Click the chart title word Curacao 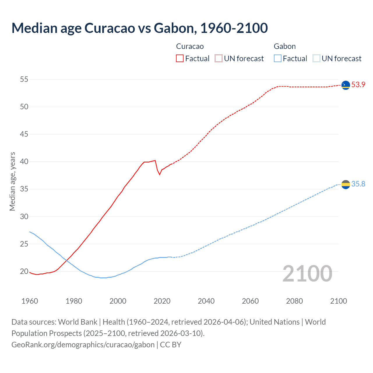(x=110, y=28)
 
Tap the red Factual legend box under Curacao (x=180, y=58)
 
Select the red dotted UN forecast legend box (x=219, y=58)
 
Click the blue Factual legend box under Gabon (x=277, y=58)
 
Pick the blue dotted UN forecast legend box (x=316, y=58)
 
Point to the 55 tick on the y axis (x=24, y=79)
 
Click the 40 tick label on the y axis (x=24, y=161)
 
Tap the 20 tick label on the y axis (x=24, y=271)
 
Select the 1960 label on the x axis (x=30, y=301)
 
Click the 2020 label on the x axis (x=162, y=301)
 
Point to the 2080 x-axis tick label (x=294, y=301)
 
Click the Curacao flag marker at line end (x=346, y=85)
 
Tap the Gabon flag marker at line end (x=346, y=184)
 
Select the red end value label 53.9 (x=358, y=85)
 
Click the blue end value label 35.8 (x=358, y=184)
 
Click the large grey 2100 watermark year (x=307, y=273)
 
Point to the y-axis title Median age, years (x=12, y=181)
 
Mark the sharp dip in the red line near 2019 (x=159, y=174)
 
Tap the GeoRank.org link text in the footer (x=83, y=345)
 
